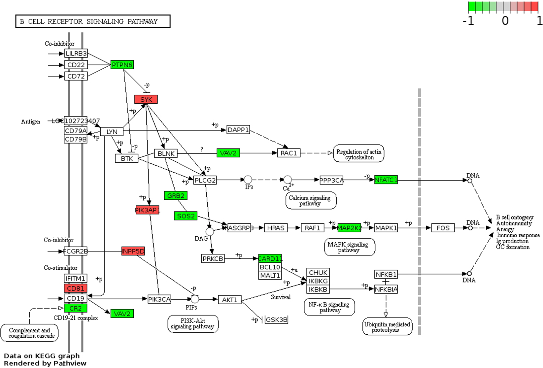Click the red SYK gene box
(146, 99)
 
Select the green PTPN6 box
(122, 65)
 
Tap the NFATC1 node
(386, 180)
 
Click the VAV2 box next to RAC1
(228, 153)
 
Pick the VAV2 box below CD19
(122, 314)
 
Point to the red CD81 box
(76, 288)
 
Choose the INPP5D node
(133, 251)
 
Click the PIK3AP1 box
(147, 210)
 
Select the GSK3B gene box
(276, 319)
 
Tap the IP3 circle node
(248, 180)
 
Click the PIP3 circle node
(195, 299)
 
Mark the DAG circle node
(210, 232)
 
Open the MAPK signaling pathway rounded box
(350, 247)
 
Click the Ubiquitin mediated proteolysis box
(387, 327)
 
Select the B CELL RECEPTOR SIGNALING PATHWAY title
(93, 21)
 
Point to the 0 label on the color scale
(505, 21)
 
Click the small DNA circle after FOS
(470, 228)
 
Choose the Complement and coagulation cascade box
(30, 333)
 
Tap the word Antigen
(31, 121)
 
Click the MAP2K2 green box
(349, 228)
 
